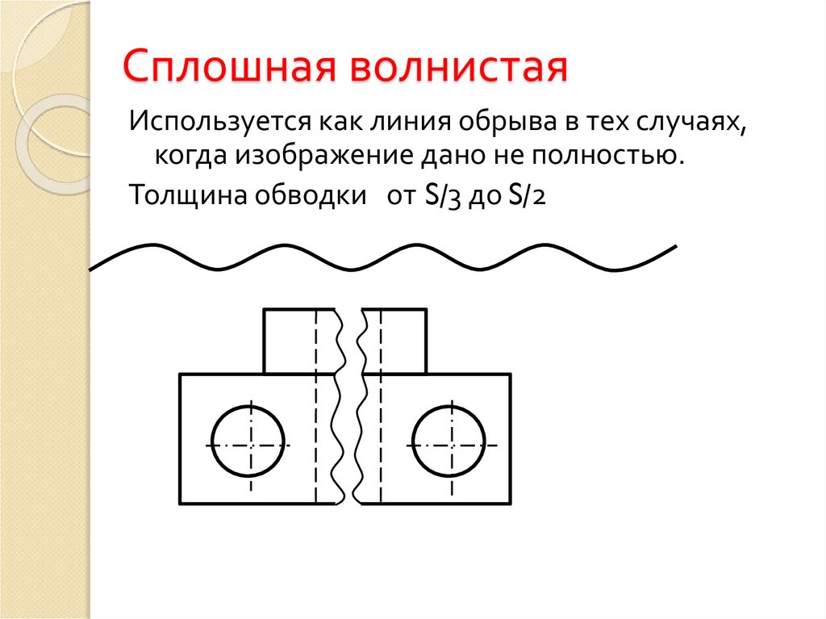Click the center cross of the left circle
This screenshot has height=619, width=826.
(x=250, y=445)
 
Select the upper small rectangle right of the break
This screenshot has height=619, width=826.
(x=403, y=341)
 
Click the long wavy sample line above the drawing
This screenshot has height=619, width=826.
(x=383, y=257)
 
